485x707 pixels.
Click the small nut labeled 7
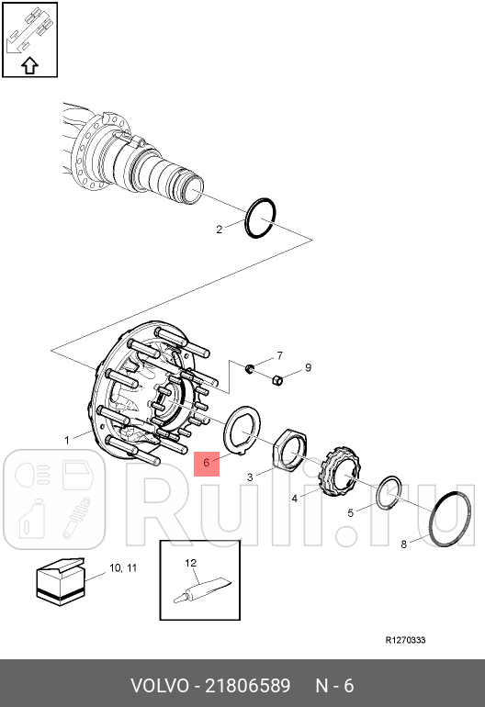click(x=249, y=369)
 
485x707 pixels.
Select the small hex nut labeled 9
click(x=277, y=380)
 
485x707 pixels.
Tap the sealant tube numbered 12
click(x=202, y=589)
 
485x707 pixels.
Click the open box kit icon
click(x=60, y=582)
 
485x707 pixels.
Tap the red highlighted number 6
click(x=207, y=463)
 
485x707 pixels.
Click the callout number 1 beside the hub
click(x=67, y=440)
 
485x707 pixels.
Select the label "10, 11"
click(x=123, y=568)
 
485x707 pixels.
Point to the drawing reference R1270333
click(x=405, y=640)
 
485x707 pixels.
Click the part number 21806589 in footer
click(x=248, y=686)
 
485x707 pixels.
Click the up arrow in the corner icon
click(x=29, y=66)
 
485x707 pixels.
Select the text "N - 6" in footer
click(x=334, y=686)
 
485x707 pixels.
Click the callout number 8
click(x=404, y=544)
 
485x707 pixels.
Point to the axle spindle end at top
click(x=193, y=187)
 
